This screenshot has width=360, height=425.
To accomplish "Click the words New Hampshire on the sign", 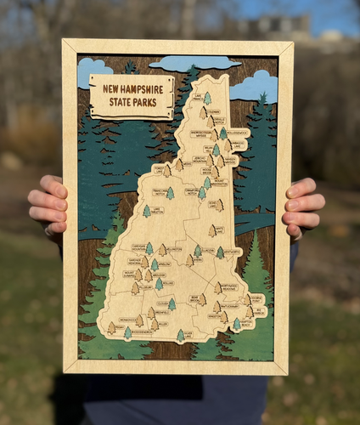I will tap(132, 88).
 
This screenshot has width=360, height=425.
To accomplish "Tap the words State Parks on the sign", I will tap(132, 105).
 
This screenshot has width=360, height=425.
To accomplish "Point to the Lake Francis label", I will tap(197, 96).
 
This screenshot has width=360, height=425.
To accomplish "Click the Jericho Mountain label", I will tap(200, 159).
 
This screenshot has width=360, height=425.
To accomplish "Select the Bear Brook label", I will tap(194, 298).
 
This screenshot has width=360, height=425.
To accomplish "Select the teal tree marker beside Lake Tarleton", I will tap(147, 211).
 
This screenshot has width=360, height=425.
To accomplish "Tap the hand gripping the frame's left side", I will tap(48, 205).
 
